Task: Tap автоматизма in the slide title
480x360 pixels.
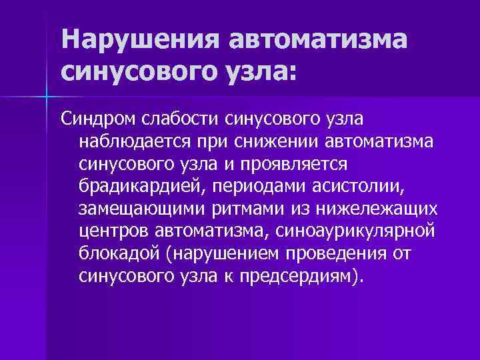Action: tap(317, 41)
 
